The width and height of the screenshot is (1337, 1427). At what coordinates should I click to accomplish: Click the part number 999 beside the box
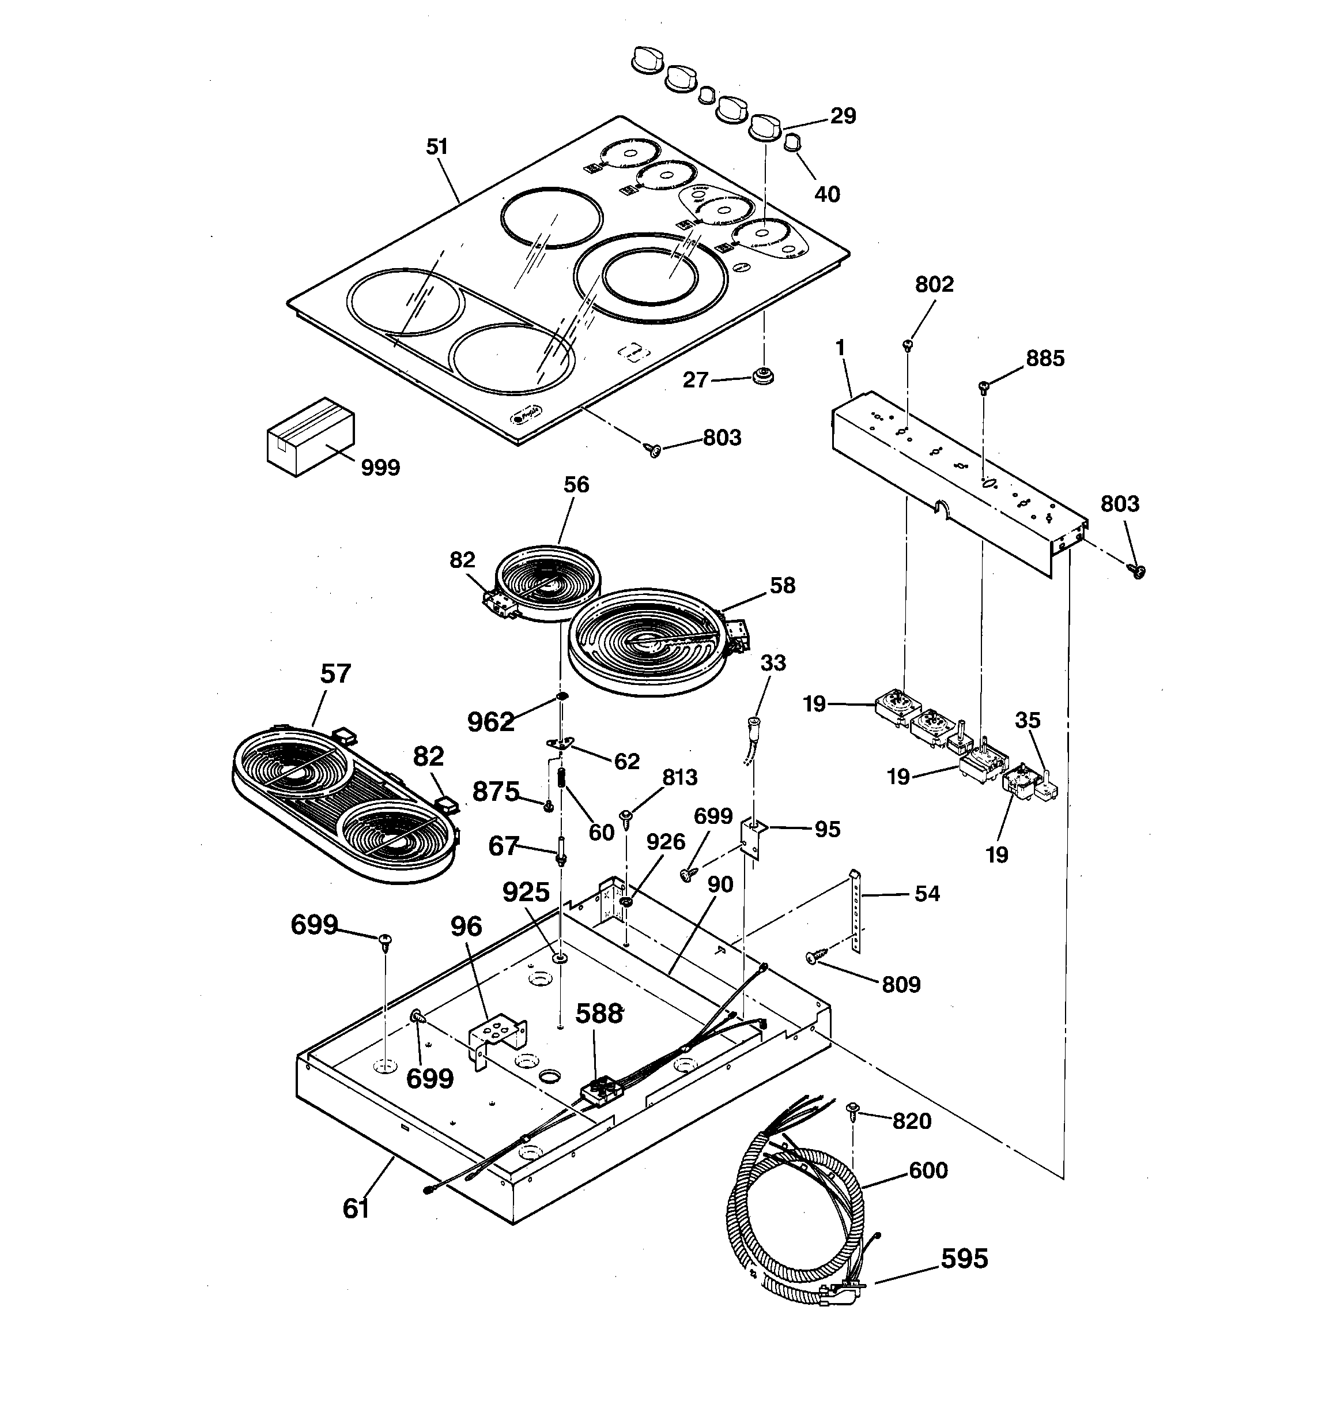(x=380, y=468)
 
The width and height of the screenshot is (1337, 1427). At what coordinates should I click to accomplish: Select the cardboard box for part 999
(x=310, y=436)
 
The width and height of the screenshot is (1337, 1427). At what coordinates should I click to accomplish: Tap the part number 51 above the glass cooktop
(x=437, y=147)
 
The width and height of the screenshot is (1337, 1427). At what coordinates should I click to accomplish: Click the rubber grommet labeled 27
(x=763, y=375)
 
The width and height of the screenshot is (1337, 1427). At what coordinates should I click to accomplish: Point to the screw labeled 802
(x=908, y=345)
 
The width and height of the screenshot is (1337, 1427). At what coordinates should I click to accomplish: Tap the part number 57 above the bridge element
(x=335, y=674)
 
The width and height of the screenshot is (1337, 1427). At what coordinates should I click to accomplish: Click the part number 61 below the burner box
(x=356, y=1209)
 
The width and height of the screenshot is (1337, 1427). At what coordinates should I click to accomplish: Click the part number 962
(x=491, y=721)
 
